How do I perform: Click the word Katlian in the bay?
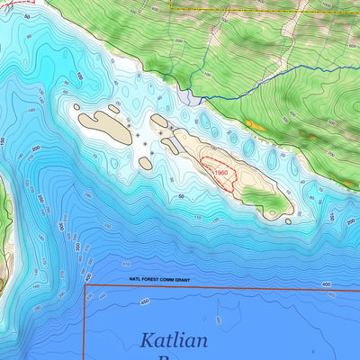(x=174, y=341)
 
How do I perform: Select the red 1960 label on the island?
(x=223, y=172)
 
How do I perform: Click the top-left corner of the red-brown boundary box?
(x=85, y=288)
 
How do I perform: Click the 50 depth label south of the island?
(x=182, y=195)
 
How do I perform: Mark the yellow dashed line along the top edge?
(x=261, y=10)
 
